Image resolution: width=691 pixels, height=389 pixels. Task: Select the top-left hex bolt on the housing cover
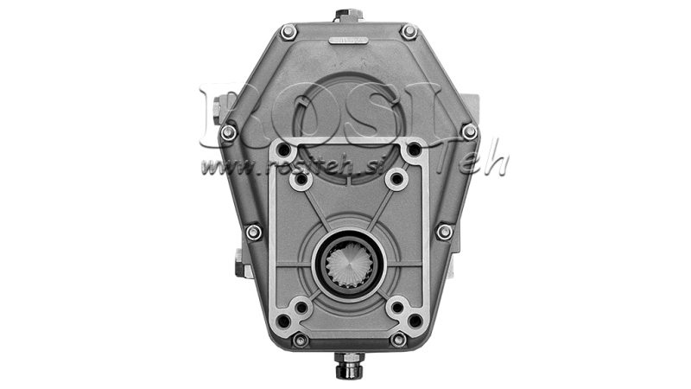coord(288,32)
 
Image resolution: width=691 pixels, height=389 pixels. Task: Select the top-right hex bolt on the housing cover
coord(409,32)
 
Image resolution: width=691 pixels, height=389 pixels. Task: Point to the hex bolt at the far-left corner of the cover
coord(228,132)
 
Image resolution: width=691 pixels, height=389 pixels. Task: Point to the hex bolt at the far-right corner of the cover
coord(469,131)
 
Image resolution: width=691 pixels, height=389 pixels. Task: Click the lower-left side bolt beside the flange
coord(253,232)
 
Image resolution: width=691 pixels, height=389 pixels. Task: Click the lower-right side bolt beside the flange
coord(444,232)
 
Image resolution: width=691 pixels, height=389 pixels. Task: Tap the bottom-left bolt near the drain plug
coord(300,340)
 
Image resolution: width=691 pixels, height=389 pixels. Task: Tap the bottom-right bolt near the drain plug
coord(398,340)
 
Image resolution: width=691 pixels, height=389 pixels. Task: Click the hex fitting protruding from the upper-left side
coord(215,108)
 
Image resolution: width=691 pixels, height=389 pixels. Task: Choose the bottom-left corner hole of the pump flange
coord(283,321)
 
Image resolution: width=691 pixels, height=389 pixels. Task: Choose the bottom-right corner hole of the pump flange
coord(415,321)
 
